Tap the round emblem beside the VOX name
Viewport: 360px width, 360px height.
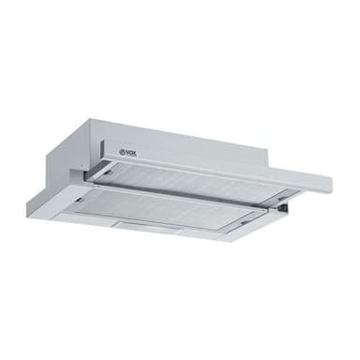coord(122,152)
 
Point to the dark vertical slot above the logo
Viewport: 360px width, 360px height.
coord(101,147)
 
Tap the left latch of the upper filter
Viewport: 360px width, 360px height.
coord(109,172)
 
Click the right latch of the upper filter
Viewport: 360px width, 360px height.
coord(282,197)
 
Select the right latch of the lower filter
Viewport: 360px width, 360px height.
coord(246,221)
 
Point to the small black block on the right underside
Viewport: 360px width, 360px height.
coord(284,207)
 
